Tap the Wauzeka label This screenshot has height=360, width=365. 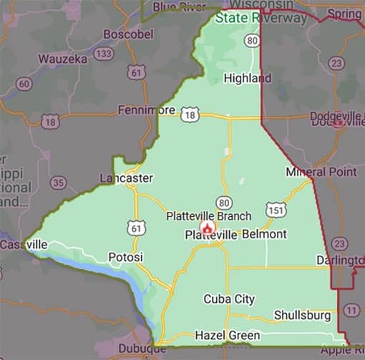click(63, 58)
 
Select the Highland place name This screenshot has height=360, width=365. click(248, 77)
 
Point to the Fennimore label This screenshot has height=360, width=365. click(147, 110)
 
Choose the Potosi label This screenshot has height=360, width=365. click(126, 256)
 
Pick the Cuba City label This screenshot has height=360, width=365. click(229, 298)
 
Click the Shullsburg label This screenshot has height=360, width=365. click(302, 315)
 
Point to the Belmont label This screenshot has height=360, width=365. click(264, 234)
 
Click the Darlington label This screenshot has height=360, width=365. click(341, 261)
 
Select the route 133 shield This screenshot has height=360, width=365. click(104, 54)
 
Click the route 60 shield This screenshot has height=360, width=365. click(24, 84)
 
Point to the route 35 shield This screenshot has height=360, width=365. click(58, 183)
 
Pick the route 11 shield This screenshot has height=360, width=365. click(351, 310)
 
